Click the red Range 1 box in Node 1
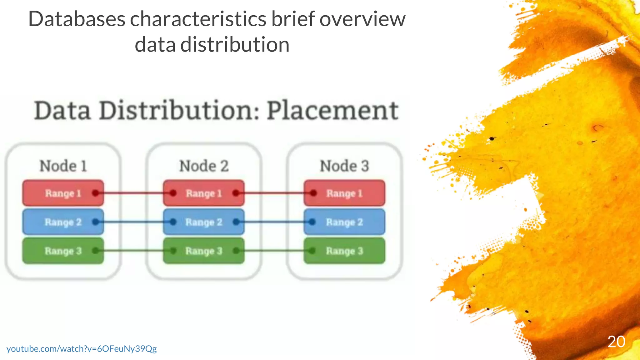coord(63,193)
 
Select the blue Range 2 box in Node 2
coord(203,222)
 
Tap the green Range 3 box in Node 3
coord(344,251)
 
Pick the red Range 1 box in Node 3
coord(344,193)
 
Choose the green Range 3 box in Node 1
coord(63,251)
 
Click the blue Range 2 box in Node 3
coord(344,222)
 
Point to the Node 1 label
coord(63,166)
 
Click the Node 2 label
coord(204,166)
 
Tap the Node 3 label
coord(344,166)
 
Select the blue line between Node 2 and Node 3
coord(274,222)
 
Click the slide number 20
coord(616,342)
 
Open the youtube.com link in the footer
coord(82,348)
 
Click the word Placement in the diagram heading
coord(332,111)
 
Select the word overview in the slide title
coord(362,19)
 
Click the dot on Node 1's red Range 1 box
coord(96,193)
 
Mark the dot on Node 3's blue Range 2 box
coord(312,222)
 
